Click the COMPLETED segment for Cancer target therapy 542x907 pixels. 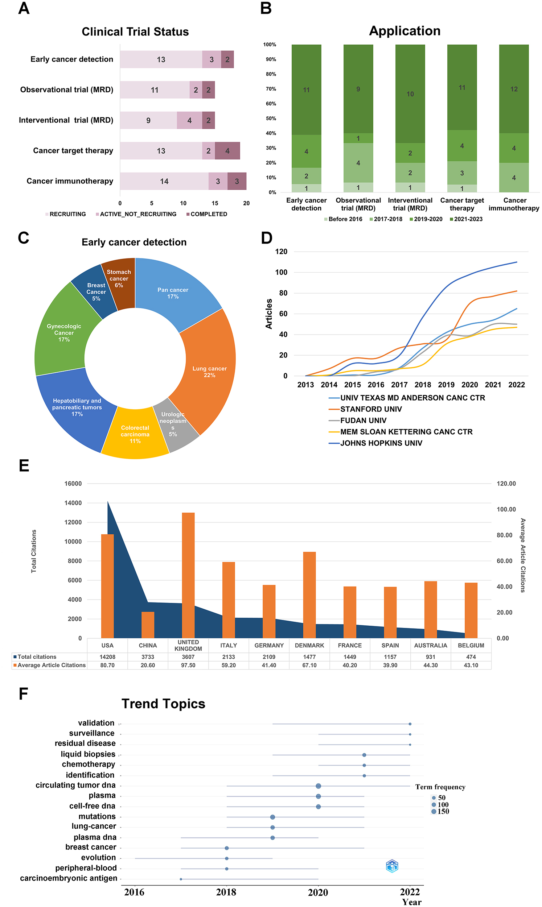[x=227, y=151]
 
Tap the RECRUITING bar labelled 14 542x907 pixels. [x=164, y=181]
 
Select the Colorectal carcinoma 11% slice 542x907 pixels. [x=135, y=434]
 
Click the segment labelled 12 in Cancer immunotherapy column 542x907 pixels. [x=513, y=89]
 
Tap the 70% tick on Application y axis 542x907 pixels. [x=271, y=89]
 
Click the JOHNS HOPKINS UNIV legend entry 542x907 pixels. [x=381, y=443]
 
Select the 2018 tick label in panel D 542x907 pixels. [x=423, y=385]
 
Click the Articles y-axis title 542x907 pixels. [x=269, y=314]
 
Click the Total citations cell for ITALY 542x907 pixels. [x=228, y=657]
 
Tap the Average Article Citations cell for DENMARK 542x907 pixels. [x=309, y=665]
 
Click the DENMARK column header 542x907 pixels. [x=309, y=645]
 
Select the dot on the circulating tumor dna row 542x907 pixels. [x=318, y=786]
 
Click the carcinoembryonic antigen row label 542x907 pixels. [x=69, y=878]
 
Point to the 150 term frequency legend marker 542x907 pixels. [x=434, y=811]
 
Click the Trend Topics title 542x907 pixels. [x=163, y=704]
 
